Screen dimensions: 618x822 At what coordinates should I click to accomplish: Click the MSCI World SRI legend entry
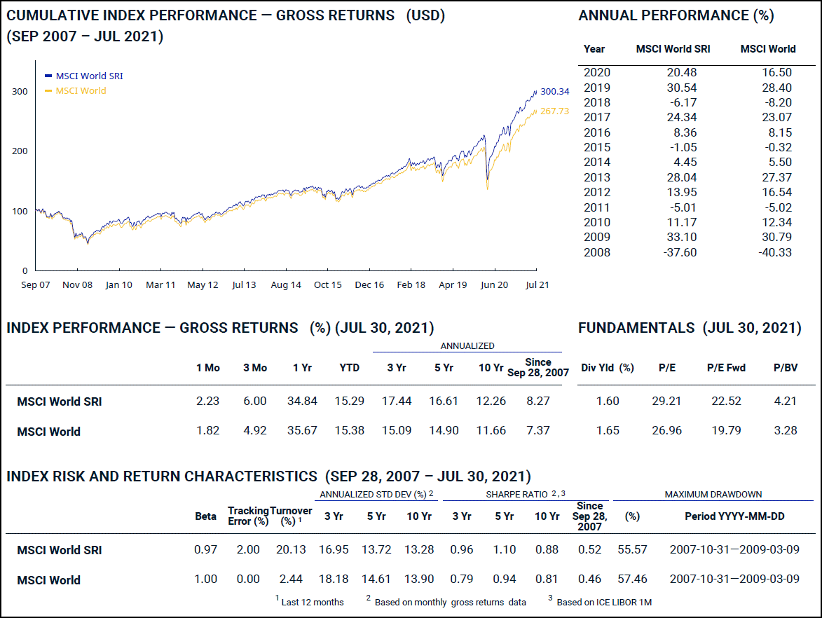click(89, 76)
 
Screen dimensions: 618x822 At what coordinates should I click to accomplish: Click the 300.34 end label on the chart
click(555, 91)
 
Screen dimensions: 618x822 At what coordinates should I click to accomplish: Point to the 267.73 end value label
click(554, 111)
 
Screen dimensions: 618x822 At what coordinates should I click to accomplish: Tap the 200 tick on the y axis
click(20, 151)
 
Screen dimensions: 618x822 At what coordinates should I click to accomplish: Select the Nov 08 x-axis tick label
click(77, 285)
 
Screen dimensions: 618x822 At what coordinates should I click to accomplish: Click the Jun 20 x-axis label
click(494, 285)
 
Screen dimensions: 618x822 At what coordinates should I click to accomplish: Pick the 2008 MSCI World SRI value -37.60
click(680, 252)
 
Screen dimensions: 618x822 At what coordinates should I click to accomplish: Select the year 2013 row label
click(597, 177)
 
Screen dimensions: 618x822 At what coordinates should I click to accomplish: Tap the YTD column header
click(349, 368)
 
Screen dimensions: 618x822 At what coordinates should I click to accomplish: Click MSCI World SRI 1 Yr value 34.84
click(302, 401)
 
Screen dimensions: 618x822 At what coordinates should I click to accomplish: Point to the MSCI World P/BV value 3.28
click(785, 430)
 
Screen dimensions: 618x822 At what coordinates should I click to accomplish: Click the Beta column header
click(205, 516)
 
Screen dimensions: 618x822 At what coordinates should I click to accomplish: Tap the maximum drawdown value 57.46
click(631, 579)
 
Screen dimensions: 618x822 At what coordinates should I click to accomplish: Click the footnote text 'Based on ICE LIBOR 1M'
click(605, 602)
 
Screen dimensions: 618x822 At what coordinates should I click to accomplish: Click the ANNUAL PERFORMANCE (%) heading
click(676, 15)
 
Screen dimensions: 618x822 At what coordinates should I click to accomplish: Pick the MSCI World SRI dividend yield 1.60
click(608, 401)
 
